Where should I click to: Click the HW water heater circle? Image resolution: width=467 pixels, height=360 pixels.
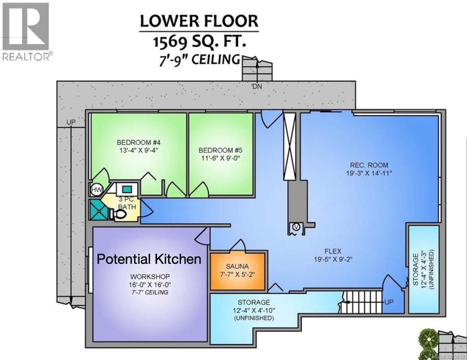tap(97, 190)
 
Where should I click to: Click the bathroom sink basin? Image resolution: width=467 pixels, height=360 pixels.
tap(127, 189)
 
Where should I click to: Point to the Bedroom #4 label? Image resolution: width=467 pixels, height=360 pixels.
tap(138, 142)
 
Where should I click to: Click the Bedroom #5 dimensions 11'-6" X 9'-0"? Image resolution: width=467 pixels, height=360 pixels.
tap(220, 158)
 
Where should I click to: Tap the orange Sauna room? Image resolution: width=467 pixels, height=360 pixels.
tap(238, 271)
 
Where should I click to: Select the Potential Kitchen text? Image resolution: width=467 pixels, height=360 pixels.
tap(149, 259)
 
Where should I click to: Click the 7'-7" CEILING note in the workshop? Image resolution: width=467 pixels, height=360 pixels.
tap(150, 292)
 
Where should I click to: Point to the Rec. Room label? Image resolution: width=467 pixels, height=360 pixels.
tap(369, 165)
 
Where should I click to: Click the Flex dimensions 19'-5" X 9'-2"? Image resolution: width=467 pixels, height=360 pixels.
tap(333, 259)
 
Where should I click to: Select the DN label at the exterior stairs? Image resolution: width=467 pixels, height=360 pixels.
tap(257, 86)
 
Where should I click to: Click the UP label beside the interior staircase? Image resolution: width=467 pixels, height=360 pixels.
tap(389, 302)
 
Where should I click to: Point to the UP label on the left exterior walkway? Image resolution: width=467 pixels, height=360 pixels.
tap(71, 122)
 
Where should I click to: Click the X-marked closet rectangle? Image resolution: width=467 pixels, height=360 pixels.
tap(290, 146)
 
